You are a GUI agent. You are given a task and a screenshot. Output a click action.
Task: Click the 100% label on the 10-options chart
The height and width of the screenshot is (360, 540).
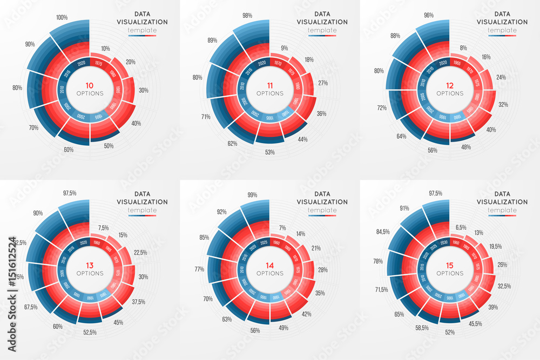[x=62, y=17]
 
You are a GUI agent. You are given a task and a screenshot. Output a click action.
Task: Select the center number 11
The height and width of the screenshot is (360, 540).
[x=269, y=85]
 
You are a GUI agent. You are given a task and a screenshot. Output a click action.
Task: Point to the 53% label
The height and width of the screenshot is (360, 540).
[x=269, y=152]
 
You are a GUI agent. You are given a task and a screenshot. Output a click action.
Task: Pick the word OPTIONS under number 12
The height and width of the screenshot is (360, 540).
[x=450, y=93]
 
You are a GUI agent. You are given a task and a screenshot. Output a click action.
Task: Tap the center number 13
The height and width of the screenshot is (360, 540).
[x=89, y=264]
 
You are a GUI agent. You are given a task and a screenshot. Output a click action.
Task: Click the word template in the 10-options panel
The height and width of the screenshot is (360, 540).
[x=141, y=30]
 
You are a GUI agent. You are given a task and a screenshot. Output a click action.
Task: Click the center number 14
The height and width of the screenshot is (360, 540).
[x=269, y=264]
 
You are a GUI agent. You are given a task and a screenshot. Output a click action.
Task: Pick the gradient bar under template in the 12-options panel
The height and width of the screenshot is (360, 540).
[x=502, y=35]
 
